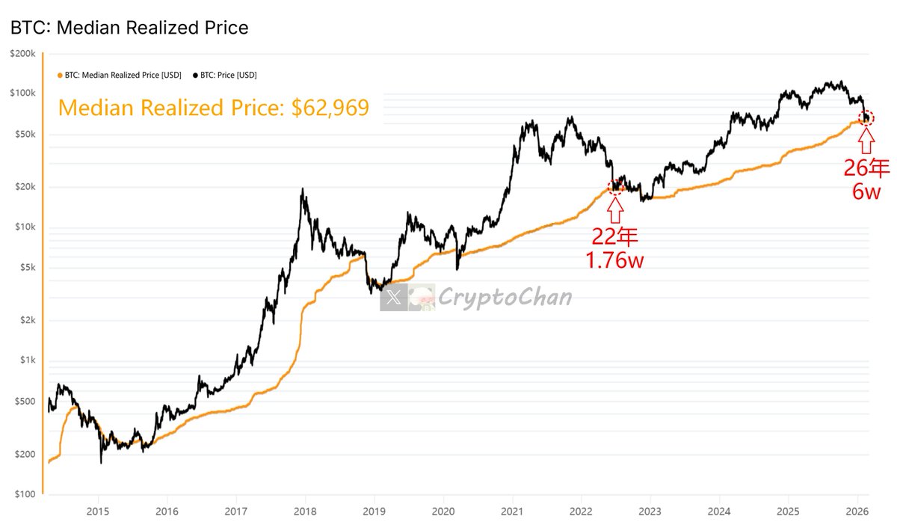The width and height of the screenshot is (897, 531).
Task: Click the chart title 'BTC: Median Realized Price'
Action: pyautogui.click(x=129, y=28)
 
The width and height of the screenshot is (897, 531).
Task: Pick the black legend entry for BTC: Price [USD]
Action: pyautogui.click(x=225, y=75)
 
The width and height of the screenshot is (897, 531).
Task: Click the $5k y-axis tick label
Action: pyautogui.click(x=26, y=268)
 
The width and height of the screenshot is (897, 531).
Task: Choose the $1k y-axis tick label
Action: pyautogui.click(x=26, y=360)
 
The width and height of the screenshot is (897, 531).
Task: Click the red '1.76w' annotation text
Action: pyautogui.click(x=615, y=262)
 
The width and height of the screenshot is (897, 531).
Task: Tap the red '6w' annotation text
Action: pyautogui.click(x=867, y=191)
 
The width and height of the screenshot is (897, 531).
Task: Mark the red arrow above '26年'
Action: pyautogui.click(x=866, y=140)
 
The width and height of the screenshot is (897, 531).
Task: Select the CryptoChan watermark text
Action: pyautogui.click(x=505, y=298)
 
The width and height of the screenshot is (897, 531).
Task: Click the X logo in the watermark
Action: pyautogui.click(x=393, y=298)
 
